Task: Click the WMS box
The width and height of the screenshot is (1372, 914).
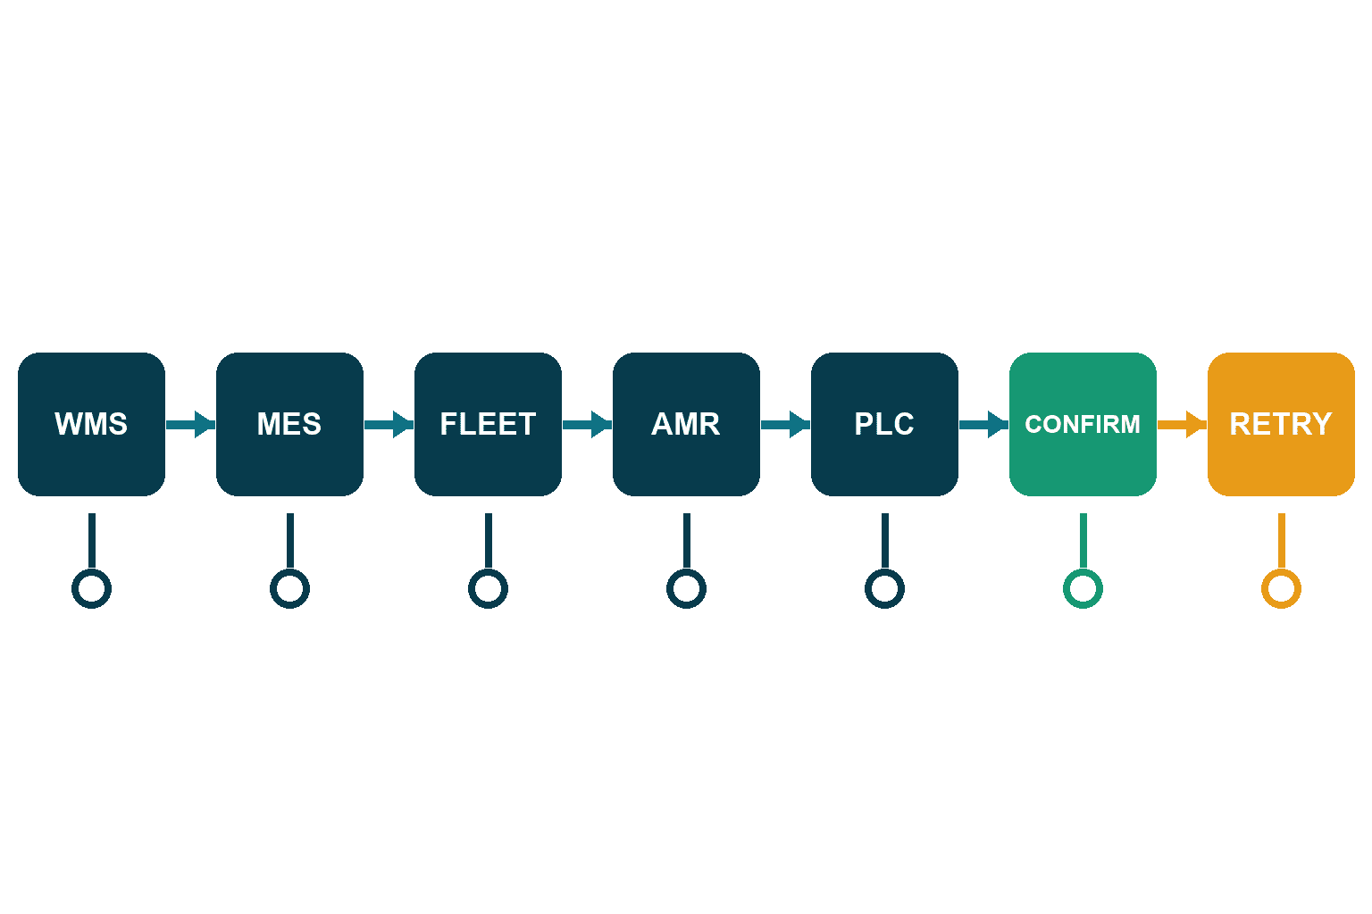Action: [x=91, y=424]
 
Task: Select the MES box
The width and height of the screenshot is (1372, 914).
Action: [x=289, y=424]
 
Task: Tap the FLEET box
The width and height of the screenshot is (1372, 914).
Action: [x=489, y=424]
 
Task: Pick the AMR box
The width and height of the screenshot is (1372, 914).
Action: [x=686, y=424]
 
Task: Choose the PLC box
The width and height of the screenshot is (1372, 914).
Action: [x=884, y=424]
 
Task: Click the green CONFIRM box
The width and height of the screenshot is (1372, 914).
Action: [x=1083, y=424]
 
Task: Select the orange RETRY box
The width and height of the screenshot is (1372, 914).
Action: [x=1282, y=424]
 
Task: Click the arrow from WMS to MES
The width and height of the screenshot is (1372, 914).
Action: [x=190, y=425]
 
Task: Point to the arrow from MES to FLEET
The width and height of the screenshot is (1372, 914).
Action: [x=389, y=425]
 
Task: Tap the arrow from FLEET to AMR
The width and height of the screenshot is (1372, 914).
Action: [x=588, y=425]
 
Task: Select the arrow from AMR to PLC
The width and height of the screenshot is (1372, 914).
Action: [x=785, y=425]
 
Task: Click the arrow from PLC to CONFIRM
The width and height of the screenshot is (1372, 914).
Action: [x=983, y=425]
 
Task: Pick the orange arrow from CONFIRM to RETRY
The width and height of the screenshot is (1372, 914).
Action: [x=1182, y=425]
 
